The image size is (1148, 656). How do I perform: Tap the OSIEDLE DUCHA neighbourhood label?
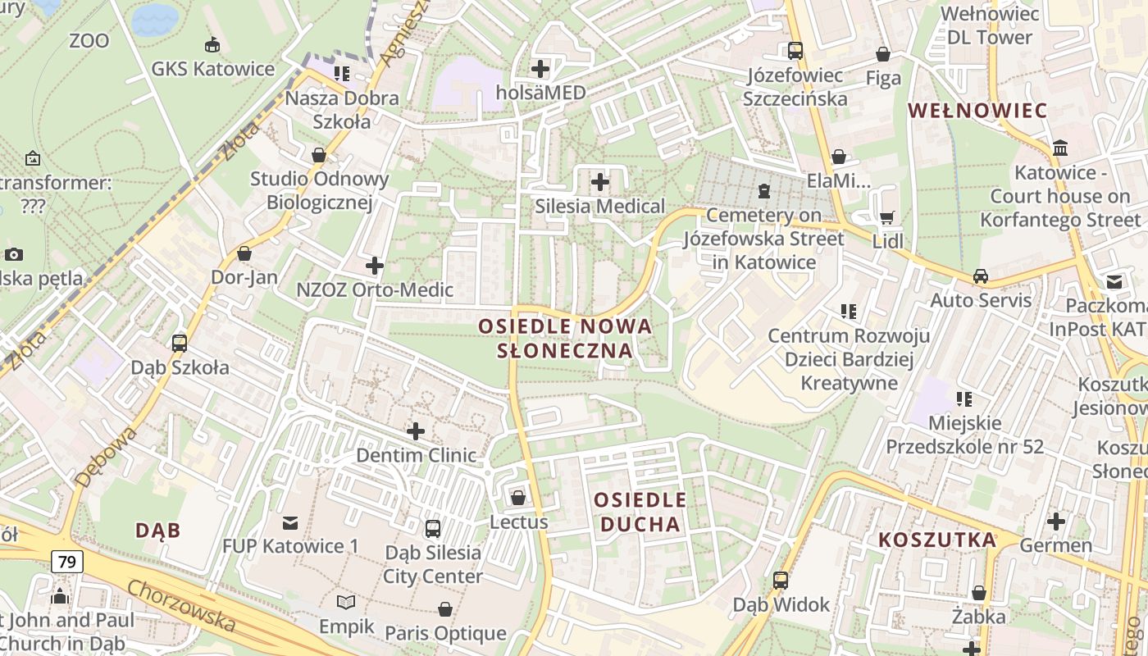pos(640,512)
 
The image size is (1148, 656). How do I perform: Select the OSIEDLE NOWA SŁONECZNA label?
pos(566,339)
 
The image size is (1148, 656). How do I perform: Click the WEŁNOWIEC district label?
pos(977,111)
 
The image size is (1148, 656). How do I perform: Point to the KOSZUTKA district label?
pos(937,540)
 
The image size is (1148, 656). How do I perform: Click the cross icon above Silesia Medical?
pos(600,181)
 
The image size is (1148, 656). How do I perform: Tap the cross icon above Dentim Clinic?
pos(416,430)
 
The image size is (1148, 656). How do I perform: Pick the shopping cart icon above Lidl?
pos(886,217)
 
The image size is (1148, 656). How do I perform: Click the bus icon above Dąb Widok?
pos(781,581)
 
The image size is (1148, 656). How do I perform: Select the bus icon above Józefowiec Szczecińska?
pos(795,51)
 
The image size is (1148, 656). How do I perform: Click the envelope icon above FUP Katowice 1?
pos(290,522)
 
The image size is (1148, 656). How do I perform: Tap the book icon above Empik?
pos(347,603)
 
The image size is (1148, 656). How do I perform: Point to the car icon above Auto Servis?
pos(981,276)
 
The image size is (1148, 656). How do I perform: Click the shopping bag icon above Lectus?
pos(518,498)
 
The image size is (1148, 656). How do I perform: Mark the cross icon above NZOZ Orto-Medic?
pos(375,265)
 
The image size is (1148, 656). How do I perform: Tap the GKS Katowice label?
pos(212,69)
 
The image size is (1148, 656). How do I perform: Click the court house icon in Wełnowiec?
pos(1060,148)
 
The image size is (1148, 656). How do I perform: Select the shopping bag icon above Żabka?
pos(979,592)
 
